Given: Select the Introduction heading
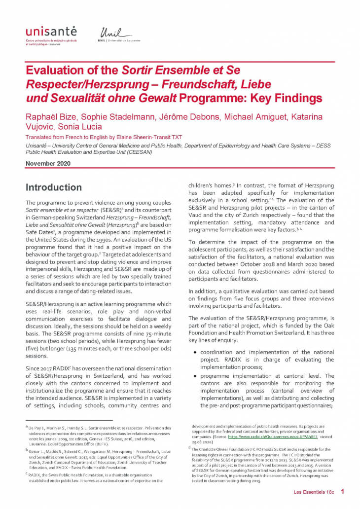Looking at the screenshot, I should (54, 187).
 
